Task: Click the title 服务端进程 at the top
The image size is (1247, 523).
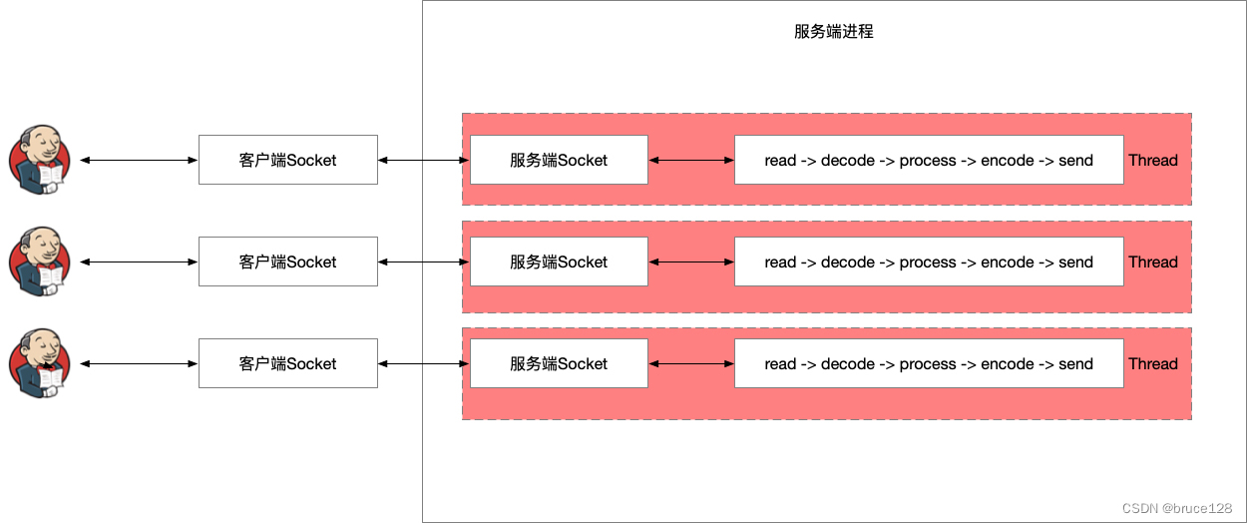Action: tap(833, 31)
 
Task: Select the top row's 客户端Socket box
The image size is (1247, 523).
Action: tap(287, 160)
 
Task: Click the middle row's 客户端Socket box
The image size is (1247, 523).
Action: tap(287, 261)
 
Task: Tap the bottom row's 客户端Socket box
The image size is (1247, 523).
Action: tap(287, 363)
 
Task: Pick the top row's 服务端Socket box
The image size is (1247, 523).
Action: tap(559, 160)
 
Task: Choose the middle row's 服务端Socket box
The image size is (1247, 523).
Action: tap(559, 261)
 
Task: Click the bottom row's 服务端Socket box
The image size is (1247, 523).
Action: tap(559, 363)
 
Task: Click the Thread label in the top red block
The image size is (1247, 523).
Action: tap(1153, 160)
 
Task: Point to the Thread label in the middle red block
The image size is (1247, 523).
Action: tap(1153, 261)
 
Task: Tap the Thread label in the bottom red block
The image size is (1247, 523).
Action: tap(1153, 363)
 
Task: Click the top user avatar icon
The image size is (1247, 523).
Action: tap(40, 160)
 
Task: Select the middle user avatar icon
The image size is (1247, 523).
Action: tap(40, 261)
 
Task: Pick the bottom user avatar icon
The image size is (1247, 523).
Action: tap(40, 363)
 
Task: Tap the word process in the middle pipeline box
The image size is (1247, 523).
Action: tap(928, 261)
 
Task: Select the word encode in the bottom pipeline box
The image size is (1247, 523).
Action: tap(1008, 363)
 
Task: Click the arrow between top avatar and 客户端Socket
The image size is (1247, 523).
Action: tap(139, 160)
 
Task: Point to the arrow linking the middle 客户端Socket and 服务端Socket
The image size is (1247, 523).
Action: tap(424, 261)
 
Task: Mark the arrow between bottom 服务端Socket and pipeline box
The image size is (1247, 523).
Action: tap(691, 363)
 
